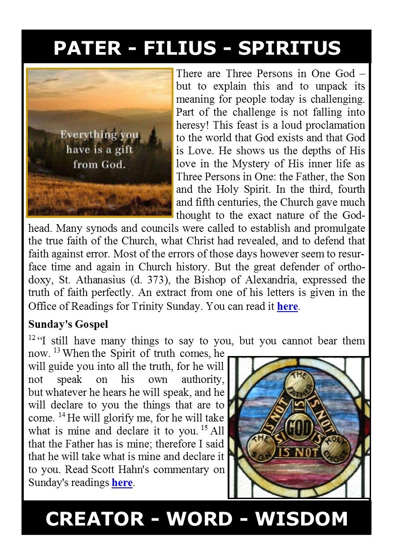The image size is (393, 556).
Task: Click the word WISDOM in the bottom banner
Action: pos(302,519)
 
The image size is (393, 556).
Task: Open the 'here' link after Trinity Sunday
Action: pos(287,307)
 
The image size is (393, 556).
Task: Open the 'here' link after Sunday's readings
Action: pos(122,483)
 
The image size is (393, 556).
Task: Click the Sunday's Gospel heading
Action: pos(68,324)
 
